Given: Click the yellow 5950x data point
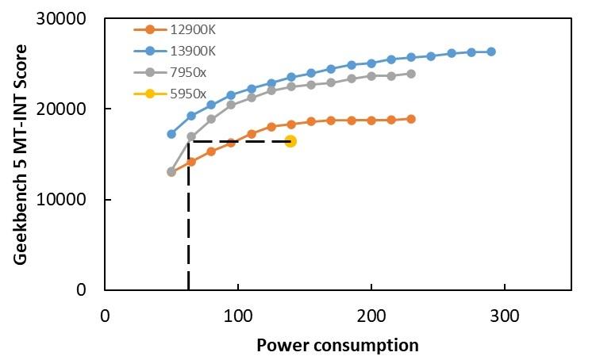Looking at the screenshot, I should (x=290, y=141).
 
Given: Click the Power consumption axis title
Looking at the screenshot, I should (x=337, y=346).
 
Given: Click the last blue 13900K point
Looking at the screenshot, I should (x=491, y=52).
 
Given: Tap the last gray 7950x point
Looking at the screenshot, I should (x=411, y=74).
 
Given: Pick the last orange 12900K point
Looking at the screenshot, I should (x=411, y=119).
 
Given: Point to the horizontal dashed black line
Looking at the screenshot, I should (x=238, y=141).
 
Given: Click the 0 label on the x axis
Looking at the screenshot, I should (x=105, y=316).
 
